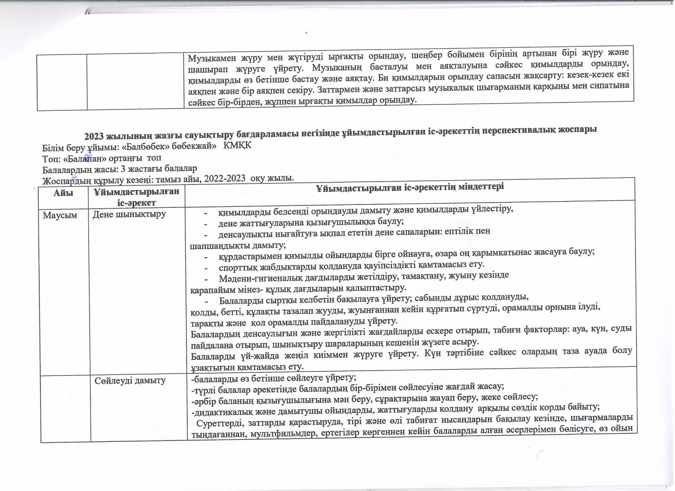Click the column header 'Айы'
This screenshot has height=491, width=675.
[x=64, y=193]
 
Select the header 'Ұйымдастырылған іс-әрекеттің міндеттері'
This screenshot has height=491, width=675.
[x=410, y=187]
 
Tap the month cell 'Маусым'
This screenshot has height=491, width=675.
[x=60, y=215]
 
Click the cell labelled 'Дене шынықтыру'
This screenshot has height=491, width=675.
[x=129, y=214]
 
